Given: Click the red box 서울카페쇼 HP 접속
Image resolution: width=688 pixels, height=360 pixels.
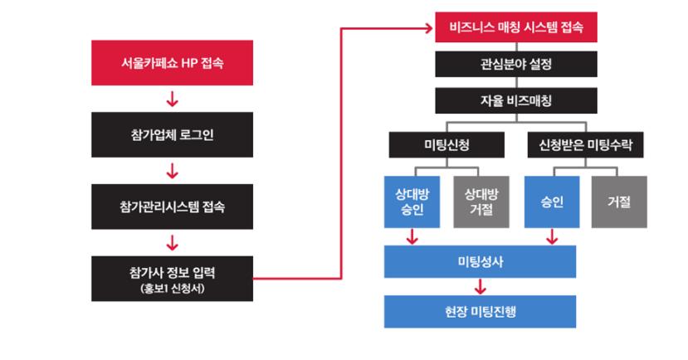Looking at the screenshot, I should (172, 63).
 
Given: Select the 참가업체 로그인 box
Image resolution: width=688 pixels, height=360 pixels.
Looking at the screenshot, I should (172, 134).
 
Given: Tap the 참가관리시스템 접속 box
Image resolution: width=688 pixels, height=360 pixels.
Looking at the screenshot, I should (172, 207).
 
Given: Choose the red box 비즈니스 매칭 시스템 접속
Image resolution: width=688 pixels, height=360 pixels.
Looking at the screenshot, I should (515, 27).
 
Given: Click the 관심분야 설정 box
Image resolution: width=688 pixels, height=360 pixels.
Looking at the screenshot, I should (515, 64).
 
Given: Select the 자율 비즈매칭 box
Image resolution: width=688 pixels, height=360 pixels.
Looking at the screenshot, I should (515, 100).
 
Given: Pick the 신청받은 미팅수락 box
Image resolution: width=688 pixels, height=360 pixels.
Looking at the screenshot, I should (585, 145).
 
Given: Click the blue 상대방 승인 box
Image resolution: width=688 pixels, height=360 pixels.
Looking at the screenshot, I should (412, 202).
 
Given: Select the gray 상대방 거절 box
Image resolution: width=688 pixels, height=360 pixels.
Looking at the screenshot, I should (481, 202).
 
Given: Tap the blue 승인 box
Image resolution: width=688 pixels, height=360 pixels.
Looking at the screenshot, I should (552, 202).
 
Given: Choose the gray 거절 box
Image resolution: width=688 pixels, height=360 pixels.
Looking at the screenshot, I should (619, 202).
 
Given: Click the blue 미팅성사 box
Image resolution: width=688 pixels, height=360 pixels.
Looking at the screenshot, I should (480, 261).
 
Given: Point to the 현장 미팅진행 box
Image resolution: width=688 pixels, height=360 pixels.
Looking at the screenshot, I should (480, 311).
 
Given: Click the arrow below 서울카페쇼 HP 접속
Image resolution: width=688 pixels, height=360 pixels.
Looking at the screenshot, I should (172, 100).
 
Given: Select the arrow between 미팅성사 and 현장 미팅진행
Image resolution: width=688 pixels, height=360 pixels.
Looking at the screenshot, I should (480, 287).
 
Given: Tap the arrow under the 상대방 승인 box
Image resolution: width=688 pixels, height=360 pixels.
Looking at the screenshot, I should (412, 238).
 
